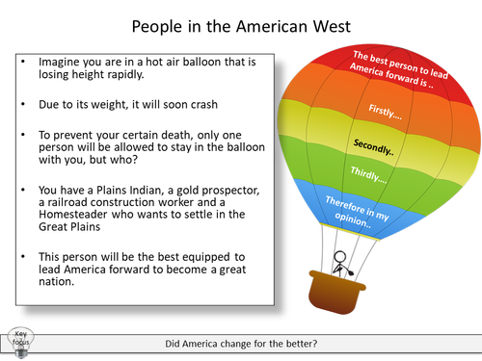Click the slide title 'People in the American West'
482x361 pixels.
point(240,21)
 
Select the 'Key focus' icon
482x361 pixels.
point(20,342)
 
